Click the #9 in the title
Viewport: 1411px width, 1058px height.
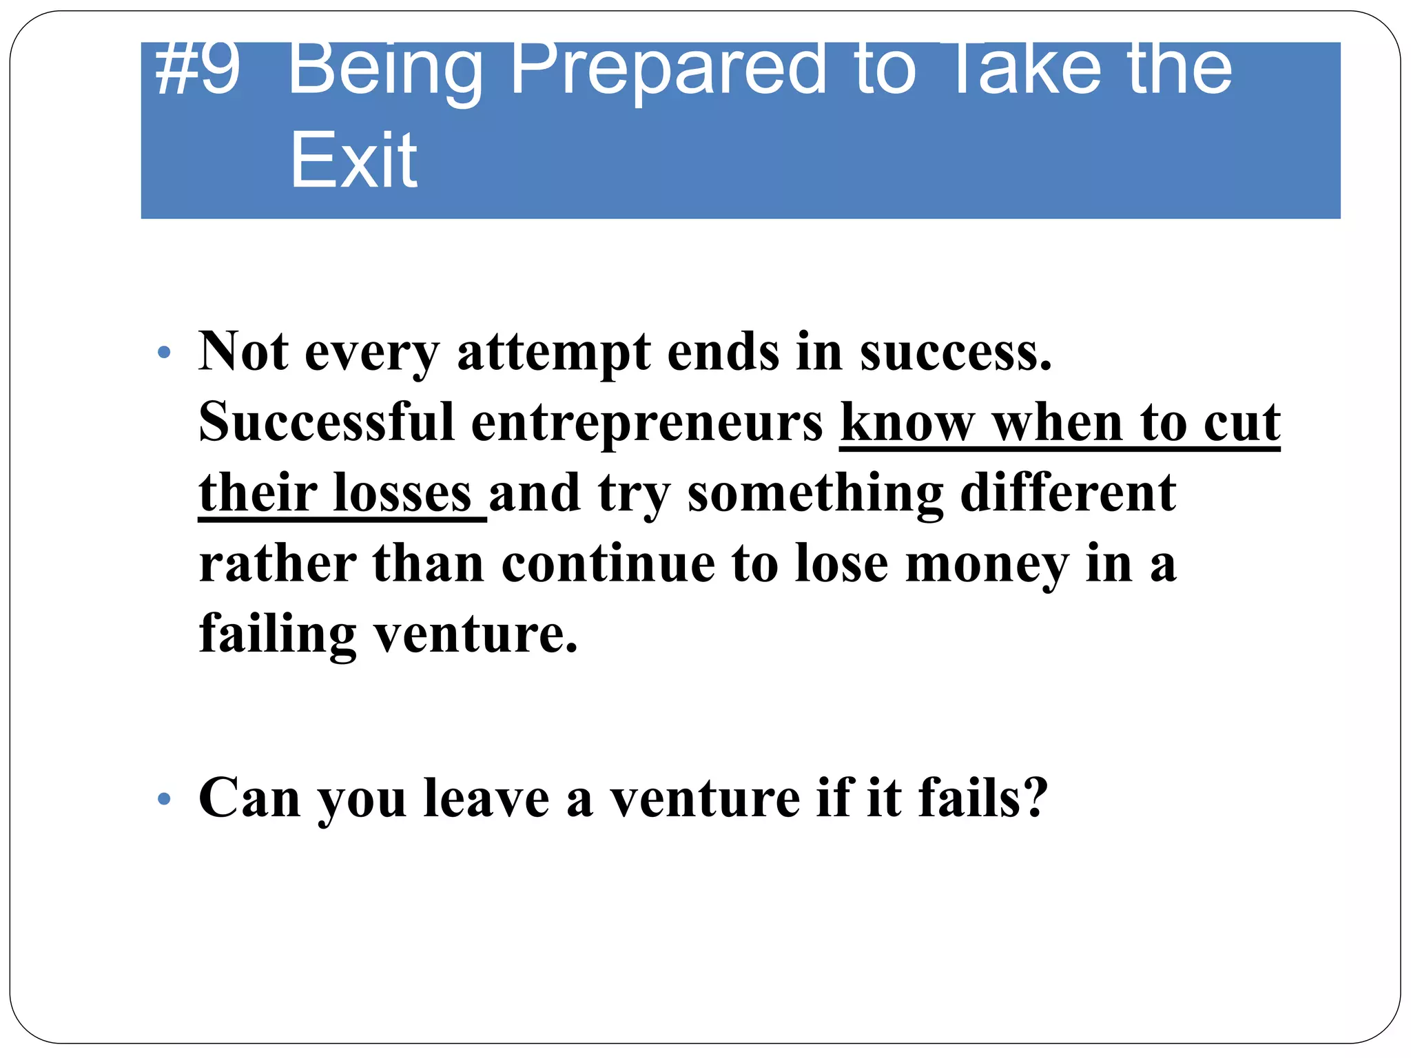198,69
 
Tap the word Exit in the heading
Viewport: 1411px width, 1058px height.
353,160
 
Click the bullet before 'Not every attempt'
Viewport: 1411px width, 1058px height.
163,353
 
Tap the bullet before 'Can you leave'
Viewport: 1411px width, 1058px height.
163,799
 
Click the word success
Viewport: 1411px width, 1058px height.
956,353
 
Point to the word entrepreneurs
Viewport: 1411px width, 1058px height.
647,423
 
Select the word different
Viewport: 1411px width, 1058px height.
1068,492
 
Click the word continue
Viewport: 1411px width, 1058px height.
608,563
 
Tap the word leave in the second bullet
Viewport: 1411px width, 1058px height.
486,798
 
